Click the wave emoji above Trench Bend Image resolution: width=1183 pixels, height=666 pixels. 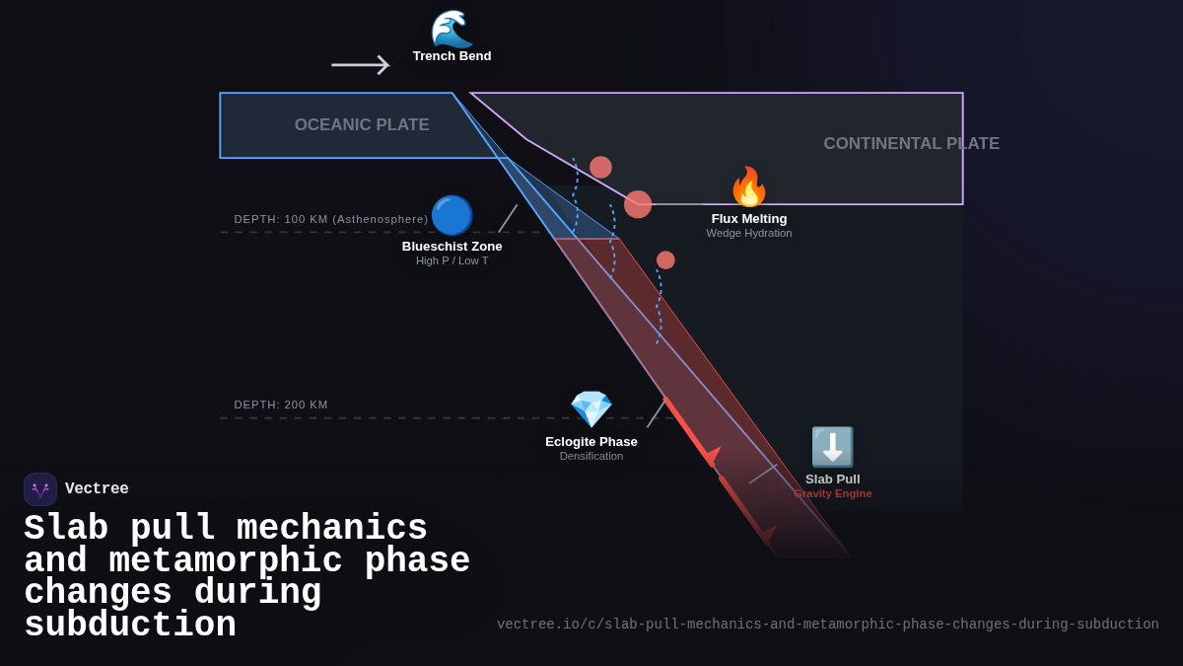[452, 29]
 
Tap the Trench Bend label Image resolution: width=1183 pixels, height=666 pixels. [452, 56]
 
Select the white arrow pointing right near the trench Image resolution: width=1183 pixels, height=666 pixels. [360, 65]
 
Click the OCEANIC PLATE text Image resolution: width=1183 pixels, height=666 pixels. [362, 125]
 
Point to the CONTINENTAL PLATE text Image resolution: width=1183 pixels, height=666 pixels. [911, 144]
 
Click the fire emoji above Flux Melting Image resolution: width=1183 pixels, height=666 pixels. [748, 187]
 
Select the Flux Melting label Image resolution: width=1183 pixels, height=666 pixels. [749, 219]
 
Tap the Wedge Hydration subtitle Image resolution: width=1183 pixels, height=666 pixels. [749, 233]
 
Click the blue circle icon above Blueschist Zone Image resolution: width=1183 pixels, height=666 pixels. [452, 215]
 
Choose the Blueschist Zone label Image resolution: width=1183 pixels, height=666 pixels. [452, 247]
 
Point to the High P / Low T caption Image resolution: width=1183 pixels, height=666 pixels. [452, 260]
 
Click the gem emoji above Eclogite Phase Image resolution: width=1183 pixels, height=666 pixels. [591, 409]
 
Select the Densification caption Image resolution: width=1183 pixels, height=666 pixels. [591, 456]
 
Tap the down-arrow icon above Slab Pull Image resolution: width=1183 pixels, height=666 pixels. [832, 447]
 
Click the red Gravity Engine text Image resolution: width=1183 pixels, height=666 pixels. [833, 493]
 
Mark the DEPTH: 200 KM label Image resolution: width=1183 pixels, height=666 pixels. [281, 405]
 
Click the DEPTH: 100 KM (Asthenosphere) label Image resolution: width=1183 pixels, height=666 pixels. [331, 219]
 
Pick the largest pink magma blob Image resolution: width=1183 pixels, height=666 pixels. [638, 204]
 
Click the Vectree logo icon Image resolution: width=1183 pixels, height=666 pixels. [40, 489]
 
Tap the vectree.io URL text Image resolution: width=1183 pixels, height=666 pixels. [827, 625]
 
